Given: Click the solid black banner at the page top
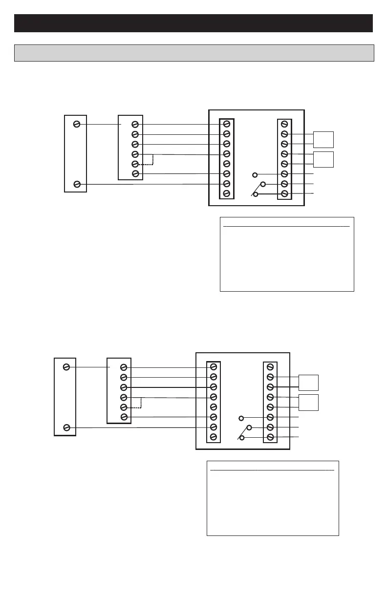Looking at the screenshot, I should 193,23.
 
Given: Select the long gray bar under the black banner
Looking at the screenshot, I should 194,53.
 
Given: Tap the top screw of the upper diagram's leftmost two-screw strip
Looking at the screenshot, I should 77,124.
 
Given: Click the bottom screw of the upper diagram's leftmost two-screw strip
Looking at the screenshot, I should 77,184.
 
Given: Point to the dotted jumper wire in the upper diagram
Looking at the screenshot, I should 152,160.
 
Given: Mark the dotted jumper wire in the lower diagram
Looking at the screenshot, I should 141,403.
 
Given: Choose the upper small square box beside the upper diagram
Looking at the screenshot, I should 323,140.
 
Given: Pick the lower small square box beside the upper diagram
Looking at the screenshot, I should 323,159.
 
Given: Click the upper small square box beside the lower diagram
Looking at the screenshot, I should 309,383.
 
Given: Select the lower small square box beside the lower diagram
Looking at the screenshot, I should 309,402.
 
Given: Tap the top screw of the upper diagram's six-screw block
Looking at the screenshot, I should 135,125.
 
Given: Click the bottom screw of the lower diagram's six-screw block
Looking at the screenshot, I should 124,417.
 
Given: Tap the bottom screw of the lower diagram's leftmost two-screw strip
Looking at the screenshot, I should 66,428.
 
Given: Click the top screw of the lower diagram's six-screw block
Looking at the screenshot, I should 124,367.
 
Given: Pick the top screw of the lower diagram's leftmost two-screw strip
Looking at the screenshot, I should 66,367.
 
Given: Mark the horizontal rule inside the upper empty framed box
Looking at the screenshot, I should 286,227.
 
